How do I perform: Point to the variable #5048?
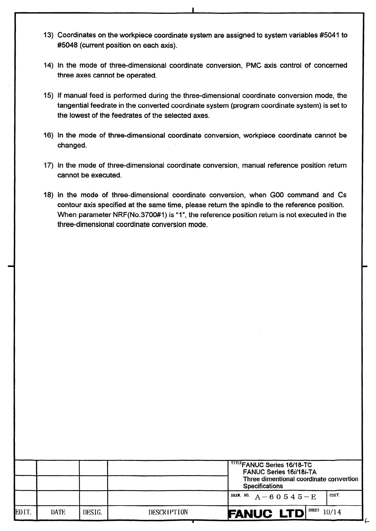point(67,45)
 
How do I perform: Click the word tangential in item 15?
point(72,106)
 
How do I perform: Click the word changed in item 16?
point(72,146)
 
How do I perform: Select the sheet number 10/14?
point(332,512)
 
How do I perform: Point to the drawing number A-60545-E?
point(285,497)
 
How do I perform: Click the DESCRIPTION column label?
point(168,512)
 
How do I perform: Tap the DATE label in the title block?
point(58,512)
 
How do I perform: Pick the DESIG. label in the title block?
point(93,512)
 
